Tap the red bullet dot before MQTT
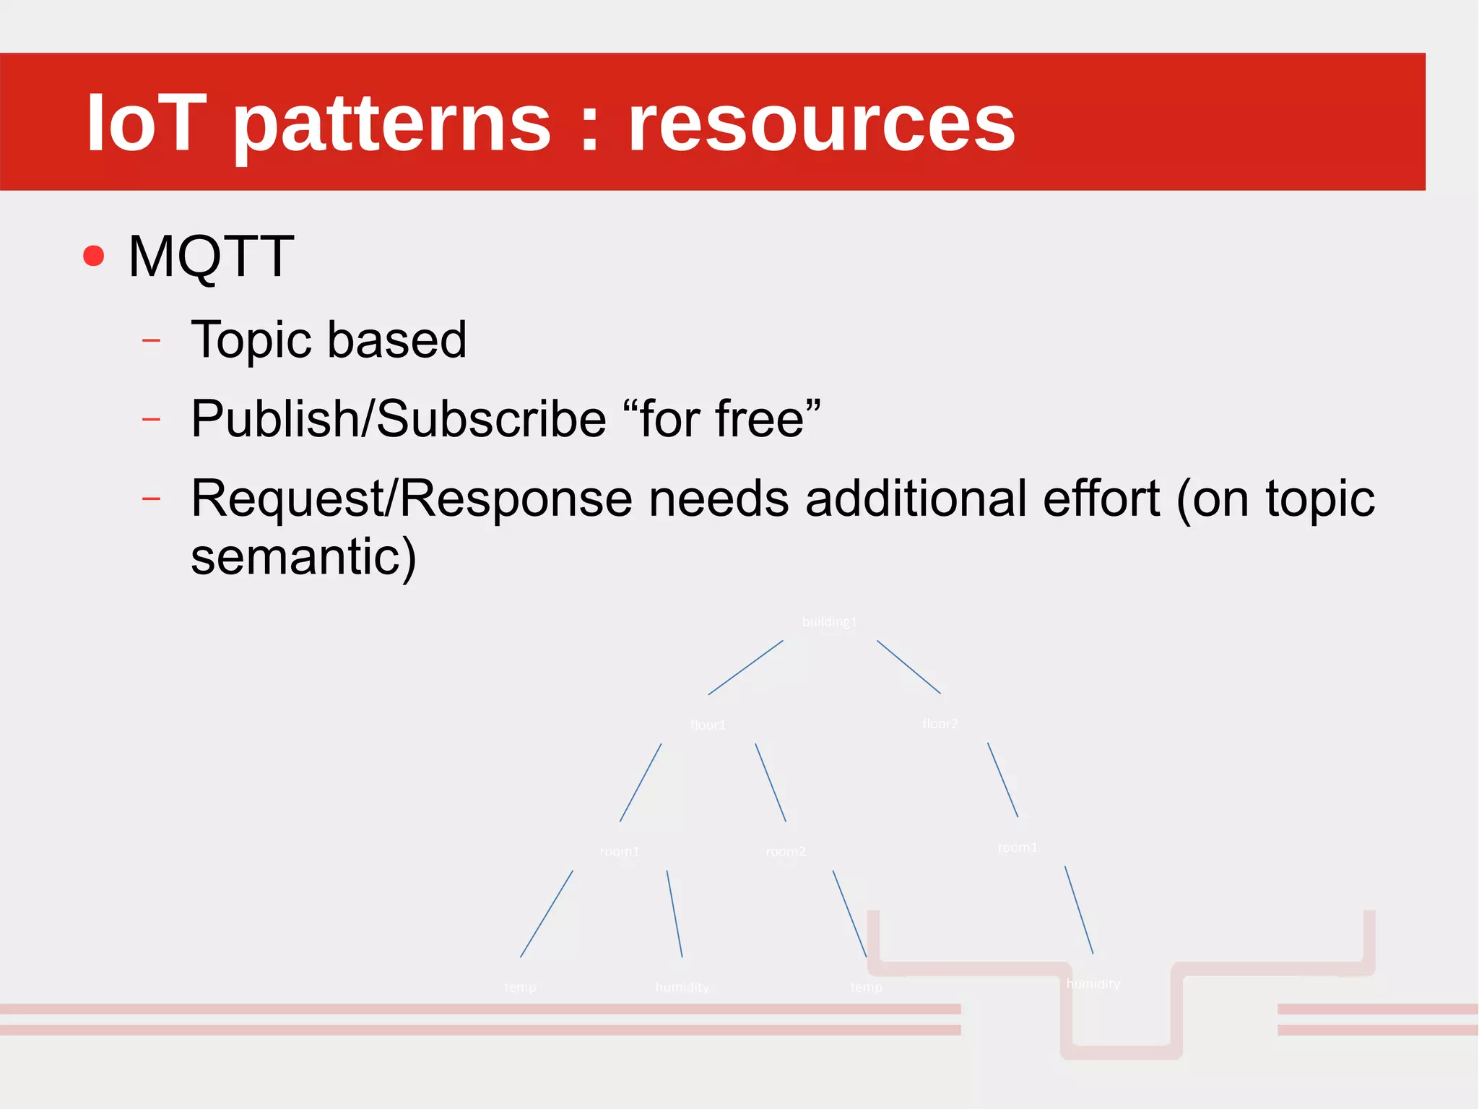click(94, 256)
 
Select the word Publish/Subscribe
click(398, 419)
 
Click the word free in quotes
click(759, 419)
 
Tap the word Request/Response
click(412, 499)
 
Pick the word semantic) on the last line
click(303, 556)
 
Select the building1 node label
click(829, 621)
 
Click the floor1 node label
click(708, 725)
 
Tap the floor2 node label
click(940, 723)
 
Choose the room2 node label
click(786, 851)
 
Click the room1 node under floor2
click(1017, 847)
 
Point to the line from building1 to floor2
click(908, 667)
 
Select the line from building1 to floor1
click(745, 668)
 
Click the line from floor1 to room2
click(771, 782)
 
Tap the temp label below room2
click(866, 987)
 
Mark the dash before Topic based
click(151, 340)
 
